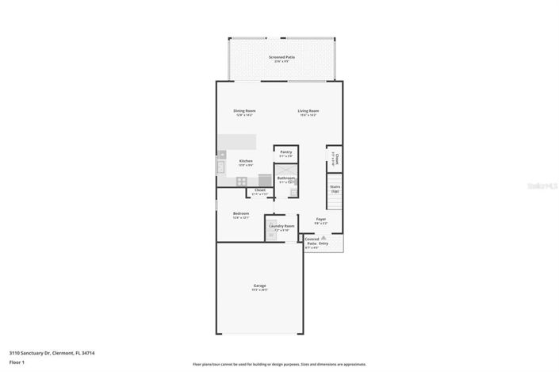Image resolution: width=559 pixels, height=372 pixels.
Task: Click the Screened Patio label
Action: coord(282,57)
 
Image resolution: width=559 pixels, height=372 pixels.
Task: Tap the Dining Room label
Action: coord(244,110)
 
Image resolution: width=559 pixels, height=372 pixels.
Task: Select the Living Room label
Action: coord(308,110)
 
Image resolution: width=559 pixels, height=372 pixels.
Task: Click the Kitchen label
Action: coord(246,161)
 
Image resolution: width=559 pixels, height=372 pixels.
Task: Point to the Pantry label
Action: coord(285,151)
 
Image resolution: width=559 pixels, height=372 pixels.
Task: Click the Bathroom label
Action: coord(285,178)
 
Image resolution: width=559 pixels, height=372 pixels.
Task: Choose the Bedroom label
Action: coord(241,213)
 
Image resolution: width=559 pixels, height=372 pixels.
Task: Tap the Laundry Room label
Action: coord(281,226)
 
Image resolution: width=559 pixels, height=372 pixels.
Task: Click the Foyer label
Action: coord(321,219)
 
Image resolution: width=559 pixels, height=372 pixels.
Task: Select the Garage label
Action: coord(259,286)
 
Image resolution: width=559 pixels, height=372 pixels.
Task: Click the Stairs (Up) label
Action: coord(335,190)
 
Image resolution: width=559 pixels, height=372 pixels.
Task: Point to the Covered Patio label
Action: coord(312,240)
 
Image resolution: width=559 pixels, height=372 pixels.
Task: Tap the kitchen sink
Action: coord(220,167)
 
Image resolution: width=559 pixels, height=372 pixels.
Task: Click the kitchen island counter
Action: coord(238,140)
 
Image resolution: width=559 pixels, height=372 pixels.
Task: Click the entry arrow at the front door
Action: coord(324,237)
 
